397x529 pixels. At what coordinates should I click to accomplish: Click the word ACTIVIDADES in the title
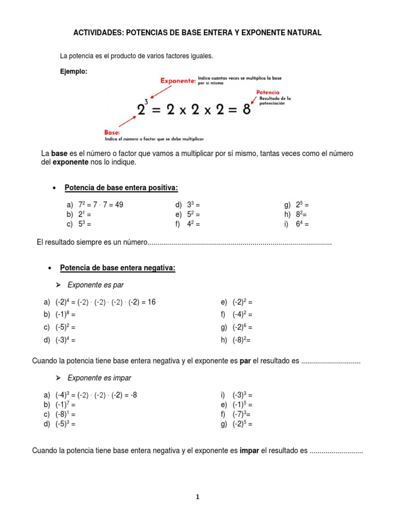(x=97, y=33)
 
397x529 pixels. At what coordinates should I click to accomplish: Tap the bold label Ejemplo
(x=74, y=72)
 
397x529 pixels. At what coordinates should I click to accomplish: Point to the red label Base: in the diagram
(x=112, y=133)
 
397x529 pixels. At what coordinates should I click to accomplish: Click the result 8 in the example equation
(x=247, y=110)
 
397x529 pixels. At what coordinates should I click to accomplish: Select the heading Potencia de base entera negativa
(x=118, y=268)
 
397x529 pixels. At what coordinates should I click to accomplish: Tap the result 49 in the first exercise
(x=118, y=205)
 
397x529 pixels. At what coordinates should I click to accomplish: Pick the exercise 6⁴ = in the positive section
(x=302, y=224)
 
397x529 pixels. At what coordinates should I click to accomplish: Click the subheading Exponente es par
(x=96, y=285)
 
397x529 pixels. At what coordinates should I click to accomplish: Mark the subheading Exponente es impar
(x=98, y=378)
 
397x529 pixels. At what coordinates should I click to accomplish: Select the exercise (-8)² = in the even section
(x=242, y=339)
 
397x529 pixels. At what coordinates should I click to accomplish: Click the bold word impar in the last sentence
(x=249, y=451)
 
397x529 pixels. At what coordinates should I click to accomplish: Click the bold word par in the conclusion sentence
(x=246, y=360)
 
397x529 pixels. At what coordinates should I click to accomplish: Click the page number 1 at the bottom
(x=197, y=497)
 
